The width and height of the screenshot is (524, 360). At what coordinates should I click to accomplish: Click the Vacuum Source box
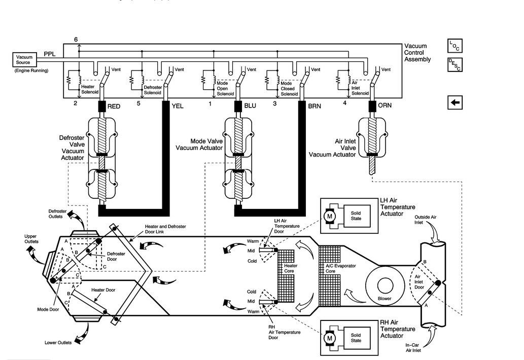tap(24, 60)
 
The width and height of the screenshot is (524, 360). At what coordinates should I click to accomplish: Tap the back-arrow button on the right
tap(455, 103)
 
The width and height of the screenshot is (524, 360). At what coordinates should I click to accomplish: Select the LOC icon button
tap(455, 46)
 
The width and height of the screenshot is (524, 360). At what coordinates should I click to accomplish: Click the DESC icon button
tap(455, 65)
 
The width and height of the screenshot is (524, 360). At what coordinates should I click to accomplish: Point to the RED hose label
tap(114, 106)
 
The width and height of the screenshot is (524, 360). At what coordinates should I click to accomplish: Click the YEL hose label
tap(178, 106)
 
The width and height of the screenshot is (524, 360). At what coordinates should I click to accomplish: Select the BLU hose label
tap(250, 106)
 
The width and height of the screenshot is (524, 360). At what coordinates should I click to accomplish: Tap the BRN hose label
tap(315, 106)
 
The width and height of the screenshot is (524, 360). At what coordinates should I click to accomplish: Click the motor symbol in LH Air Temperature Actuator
tap(330, 215)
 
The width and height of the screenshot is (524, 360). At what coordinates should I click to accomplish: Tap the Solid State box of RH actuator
tap(356, 338)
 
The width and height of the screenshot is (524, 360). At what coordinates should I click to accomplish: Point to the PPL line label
tap(50, 53)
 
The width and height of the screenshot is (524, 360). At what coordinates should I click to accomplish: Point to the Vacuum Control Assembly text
tap(417, 53)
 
